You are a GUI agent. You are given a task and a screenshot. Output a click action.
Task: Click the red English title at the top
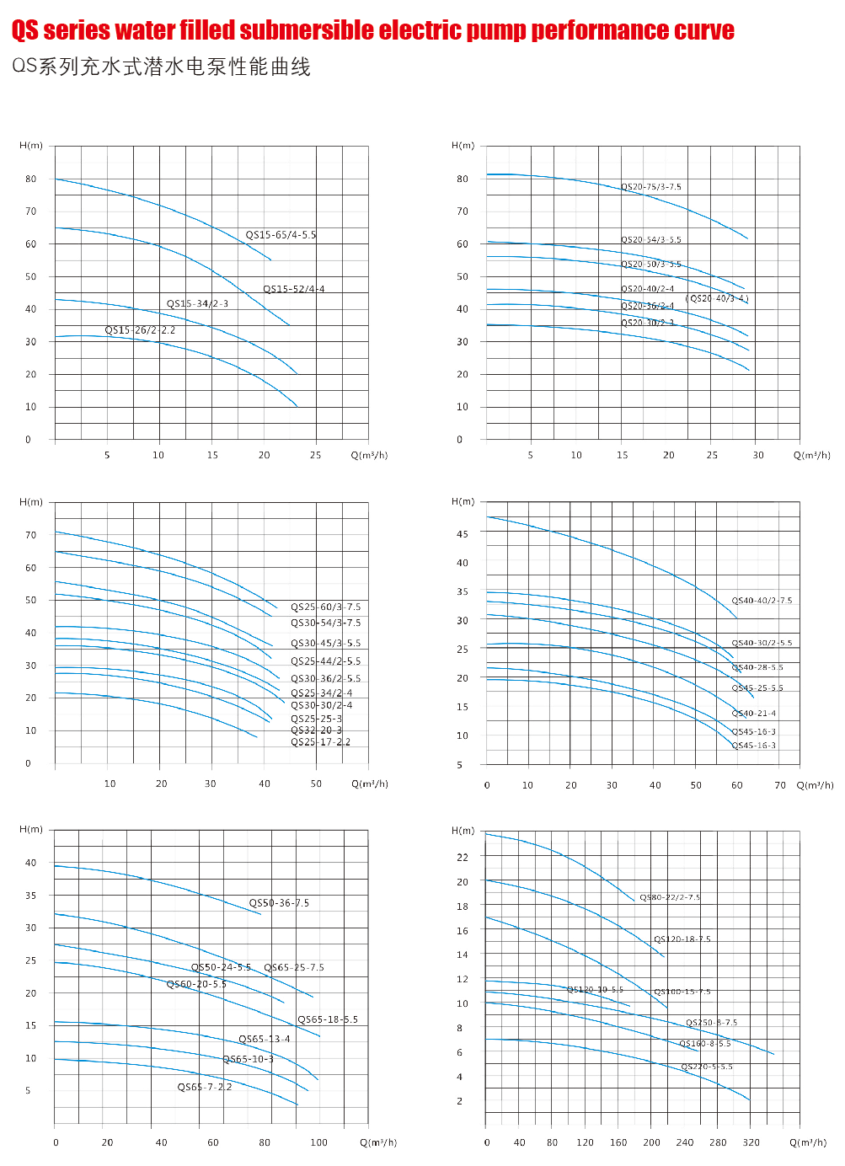coord(372,30)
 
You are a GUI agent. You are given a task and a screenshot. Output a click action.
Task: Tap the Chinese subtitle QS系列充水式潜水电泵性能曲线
coord(161,67)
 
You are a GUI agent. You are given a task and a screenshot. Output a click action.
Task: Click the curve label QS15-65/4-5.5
coord(281,235)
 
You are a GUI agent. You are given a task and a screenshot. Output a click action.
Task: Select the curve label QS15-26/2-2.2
coord(140,330)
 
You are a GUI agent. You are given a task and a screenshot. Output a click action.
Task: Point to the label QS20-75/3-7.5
coord(651,187)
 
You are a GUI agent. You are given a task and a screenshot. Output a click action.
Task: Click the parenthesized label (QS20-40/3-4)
coord(717,298)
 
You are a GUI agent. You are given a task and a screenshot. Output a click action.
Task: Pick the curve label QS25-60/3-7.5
coord(325,607)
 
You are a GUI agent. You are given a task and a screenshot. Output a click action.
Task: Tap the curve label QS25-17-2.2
coord(320,742)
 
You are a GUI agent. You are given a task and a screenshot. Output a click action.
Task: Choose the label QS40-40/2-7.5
coord(762,601)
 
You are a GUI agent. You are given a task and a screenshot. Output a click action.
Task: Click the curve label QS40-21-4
coord(753,714)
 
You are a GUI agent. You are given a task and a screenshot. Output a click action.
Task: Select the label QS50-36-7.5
coord(279,903)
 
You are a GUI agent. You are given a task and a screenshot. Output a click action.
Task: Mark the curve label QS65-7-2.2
coord(204,1087)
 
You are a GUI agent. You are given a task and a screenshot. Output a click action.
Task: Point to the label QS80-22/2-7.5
coord(670,898)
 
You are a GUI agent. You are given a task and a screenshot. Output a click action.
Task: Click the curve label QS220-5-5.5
coord(706,1067)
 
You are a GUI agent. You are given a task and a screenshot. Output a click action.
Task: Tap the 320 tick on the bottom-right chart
coord(751,1143)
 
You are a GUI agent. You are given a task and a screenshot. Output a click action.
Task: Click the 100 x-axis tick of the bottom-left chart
coord(318,1143)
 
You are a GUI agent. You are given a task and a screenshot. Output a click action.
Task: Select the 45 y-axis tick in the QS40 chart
coord(463,534)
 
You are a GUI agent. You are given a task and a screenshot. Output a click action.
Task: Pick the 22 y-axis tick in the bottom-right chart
coord(463,858)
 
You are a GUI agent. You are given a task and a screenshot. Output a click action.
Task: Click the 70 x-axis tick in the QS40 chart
coord(780,785)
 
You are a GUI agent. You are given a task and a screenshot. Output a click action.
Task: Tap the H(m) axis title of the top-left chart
coord(31,146)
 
